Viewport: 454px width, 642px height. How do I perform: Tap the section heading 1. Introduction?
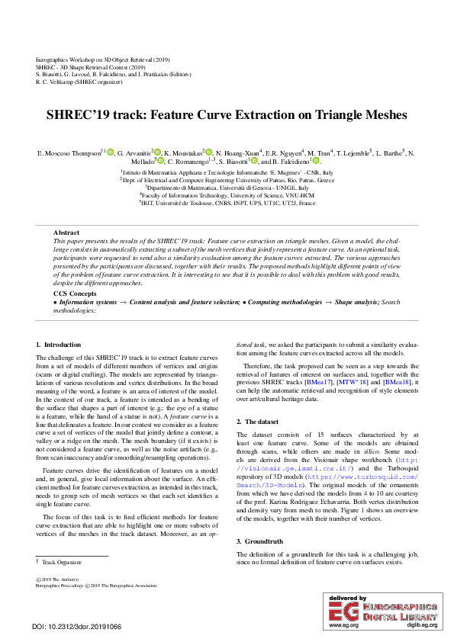58,345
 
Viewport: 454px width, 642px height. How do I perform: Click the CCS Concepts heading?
75,294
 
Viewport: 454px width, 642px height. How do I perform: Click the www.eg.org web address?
343,625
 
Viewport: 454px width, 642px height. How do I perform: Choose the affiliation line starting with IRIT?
227,204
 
